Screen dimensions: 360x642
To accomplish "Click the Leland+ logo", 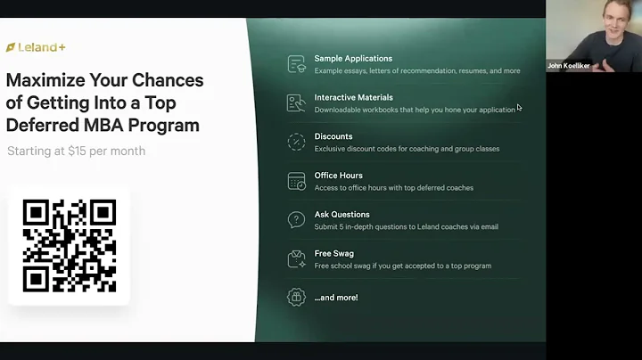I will click(36, 46).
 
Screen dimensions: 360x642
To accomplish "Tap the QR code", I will click(69, 244).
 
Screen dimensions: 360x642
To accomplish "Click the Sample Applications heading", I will click(353, 59).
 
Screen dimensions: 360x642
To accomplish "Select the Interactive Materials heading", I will click(353, 97).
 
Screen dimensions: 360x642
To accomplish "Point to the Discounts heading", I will click(333, 136).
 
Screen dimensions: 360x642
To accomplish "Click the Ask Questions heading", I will click(342, 215).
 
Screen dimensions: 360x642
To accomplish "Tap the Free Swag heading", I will click(333, 254).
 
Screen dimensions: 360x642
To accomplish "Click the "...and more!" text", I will click(335, 297).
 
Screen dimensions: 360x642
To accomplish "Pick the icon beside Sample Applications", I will click(296, 64).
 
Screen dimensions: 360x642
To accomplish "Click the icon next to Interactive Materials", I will click(296, 103).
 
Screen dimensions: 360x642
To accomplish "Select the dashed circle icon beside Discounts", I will click(296, 143).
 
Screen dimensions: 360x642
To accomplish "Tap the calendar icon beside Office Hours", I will click(296, 182).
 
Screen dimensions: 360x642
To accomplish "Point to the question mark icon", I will click(296, 220).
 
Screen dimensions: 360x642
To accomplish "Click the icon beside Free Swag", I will click(296, 259).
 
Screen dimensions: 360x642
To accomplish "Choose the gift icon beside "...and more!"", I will click(296, 298).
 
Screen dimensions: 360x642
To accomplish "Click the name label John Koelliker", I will click(569, 65).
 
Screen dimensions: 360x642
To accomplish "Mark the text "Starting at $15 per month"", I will click(76, 151).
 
